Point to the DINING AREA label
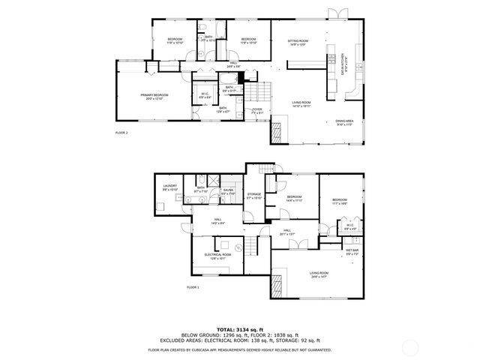[x=345, y=122]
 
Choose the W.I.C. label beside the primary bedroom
[x=205, y=95]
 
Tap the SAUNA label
[x=227, y=192]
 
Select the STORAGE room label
[x=254, y=196]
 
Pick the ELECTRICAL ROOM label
[x=217, y=256]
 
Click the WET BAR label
[x=352, y=253]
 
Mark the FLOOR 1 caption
[x=193, y=287]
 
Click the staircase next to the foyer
[x=259, y=92]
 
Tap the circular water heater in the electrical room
[x=239, y=247]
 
